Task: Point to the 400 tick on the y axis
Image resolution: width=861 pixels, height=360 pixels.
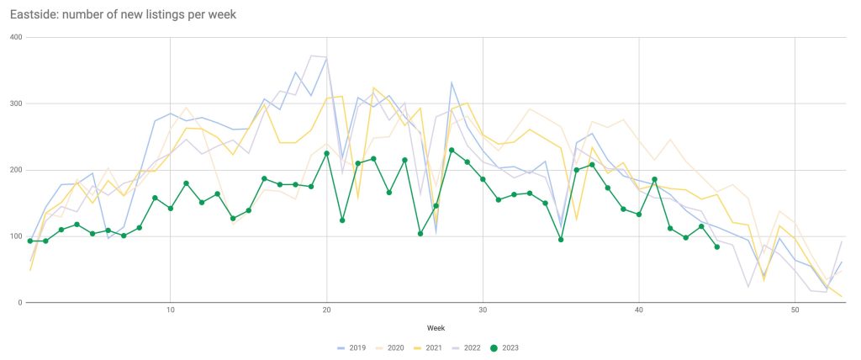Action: click(x=17, y=38)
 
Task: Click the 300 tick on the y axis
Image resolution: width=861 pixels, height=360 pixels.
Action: click(x=17, y=103)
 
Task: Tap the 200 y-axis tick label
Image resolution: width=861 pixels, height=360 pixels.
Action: click(x=17, y=170)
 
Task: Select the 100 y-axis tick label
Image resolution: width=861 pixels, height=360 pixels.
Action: click(x=17, y=236)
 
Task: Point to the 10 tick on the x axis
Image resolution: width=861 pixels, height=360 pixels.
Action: click(x=171, y=311)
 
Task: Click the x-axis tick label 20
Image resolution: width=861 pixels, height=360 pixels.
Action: click(x=326, y=311)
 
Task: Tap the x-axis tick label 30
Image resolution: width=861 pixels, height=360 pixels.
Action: click(x=483, y=311)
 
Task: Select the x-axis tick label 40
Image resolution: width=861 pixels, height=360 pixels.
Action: click(x=639, y=311)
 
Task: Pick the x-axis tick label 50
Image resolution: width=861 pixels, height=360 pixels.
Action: click(x=795, y=311)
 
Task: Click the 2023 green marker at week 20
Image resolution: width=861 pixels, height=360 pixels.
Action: click(x=326, y=153)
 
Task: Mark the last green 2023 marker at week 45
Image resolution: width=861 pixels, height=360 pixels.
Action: click(x=716, y=247)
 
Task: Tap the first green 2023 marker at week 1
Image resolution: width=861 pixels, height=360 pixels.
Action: click(x=30, y=241)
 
